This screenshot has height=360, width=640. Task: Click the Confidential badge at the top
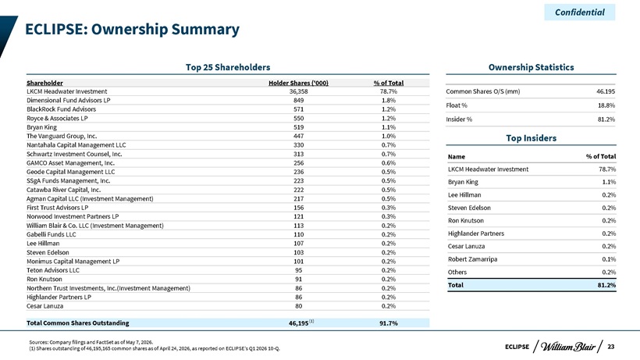(x=580, y=12)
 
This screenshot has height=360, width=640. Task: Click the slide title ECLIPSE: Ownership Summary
(x=132, y=30)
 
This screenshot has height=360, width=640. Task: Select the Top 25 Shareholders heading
(x=228, y=67)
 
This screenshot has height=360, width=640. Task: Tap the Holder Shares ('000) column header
(x=298, y=83)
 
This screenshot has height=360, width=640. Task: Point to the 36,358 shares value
(x=298, y=91)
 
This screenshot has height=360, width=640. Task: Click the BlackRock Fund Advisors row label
(x=61, y=109)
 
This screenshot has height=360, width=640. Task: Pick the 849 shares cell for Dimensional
(x=298, y=101)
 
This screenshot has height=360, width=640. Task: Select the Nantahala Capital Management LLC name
(x=76, y=145)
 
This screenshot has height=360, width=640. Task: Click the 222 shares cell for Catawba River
(x=298, y=190)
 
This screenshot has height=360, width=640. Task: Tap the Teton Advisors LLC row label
(x=53, y=270)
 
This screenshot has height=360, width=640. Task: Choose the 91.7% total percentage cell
(x=388, y=323)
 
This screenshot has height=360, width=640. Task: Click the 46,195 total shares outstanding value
(x=298, y=323)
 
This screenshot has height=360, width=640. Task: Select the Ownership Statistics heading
(x=531, y=67)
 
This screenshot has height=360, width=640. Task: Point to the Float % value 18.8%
(x=606, y=105)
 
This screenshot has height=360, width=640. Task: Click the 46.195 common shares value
(x=606, y=91)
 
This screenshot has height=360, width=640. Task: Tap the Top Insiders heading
(x=531, y=138)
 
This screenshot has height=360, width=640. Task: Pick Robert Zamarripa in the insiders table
(x=473, y=259)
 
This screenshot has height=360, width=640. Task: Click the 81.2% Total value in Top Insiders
(x=606, y=285)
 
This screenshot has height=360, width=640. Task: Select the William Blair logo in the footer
(x=568, y=347)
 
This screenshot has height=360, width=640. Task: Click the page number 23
(x=610, y=347)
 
